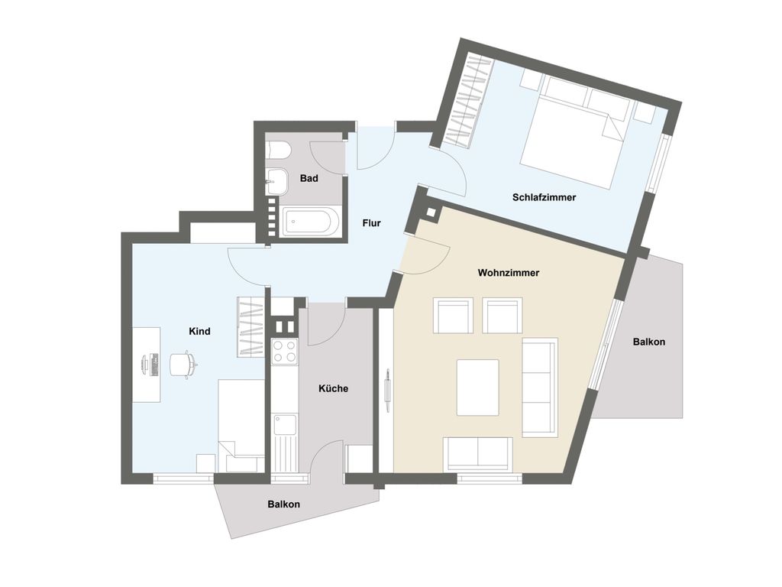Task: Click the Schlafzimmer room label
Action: [544, 198]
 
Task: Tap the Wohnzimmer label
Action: [508, 273]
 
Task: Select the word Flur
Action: [372, 223]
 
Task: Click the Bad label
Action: [309, 178]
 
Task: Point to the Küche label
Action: [333, 388]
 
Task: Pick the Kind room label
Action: [199, 331]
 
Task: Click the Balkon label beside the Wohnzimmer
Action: [649, 342]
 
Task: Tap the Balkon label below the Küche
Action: [284, 504]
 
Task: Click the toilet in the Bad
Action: [276, 150]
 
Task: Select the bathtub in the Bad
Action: [312, 222]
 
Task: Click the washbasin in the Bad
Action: [276, 182]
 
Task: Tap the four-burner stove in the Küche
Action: [285, 350]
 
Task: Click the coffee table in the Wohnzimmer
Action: [478, 388]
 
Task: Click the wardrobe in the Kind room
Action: [250, 327]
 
